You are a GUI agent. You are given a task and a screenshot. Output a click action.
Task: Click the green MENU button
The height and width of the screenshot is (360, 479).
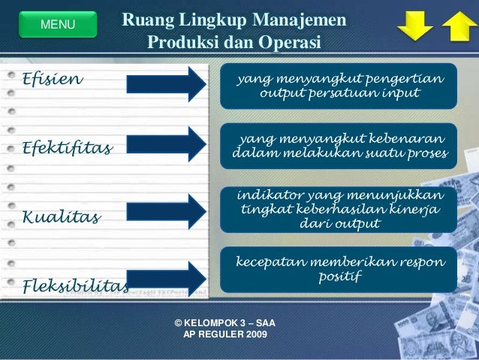coord(58,25)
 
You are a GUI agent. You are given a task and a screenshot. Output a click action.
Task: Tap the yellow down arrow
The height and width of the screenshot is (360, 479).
coord(415,26)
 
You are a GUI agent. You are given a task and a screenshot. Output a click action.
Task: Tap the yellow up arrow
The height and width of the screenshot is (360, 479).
coord(459,26)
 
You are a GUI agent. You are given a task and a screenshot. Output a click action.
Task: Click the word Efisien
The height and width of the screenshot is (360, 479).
coord(53,79)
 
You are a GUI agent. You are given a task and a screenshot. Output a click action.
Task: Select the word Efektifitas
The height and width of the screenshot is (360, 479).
coord(68,148)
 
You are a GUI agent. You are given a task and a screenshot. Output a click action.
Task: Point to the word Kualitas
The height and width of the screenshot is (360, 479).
coord(62,216)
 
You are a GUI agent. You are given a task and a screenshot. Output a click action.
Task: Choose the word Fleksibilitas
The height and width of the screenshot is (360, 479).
coord(76,286)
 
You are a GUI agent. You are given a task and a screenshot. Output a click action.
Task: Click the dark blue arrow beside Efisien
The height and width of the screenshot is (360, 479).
coord(167,84)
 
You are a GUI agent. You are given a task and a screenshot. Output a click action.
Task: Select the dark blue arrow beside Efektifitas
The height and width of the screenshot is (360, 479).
coord(167,144)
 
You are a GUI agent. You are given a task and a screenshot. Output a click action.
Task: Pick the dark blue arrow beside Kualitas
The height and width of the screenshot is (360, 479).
coord(167,212)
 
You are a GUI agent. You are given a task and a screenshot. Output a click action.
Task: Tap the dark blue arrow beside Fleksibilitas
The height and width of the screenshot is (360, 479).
coord(167,279)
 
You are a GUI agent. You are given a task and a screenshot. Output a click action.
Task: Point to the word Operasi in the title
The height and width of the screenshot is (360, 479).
coord(290,42)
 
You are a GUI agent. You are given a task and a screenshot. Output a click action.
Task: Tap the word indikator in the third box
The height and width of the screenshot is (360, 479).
coord(271,195)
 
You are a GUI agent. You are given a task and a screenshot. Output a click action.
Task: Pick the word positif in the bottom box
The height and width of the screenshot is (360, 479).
coord(340,276)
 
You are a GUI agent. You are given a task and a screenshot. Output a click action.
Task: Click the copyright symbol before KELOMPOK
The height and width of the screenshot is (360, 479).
coord(179,323)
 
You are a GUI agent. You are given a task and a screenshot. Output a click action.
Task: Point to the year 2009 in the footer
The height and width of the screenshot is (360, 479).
coord(257,334)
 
